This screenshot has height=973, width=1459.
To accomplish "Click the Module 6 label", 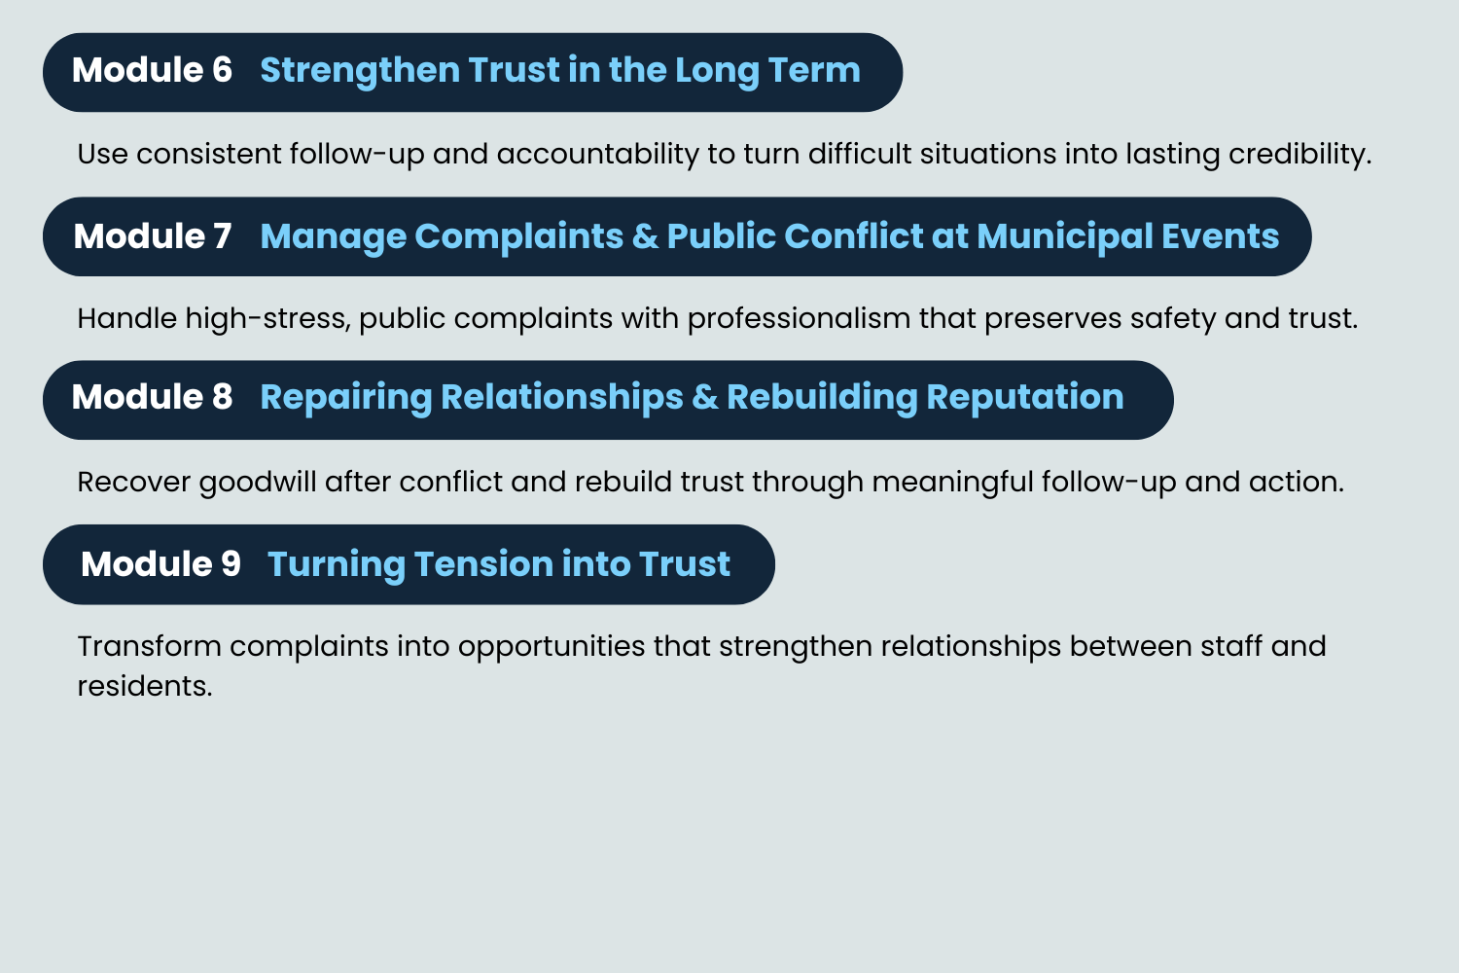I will tap(152, 71).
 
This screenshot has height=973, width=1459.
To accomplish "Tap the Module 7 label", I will tap(153, 236).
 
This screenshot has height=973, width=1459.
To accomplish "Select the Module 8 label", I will tap(152, 397).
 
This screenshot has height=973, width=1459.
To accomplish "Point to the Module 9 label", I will tap(160, 564).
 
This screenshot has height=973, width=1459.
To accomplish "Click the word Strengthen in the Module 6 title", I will tap(360, 71).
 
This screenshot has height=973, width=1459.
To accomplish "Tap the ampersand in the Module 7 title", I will tap(645, 236).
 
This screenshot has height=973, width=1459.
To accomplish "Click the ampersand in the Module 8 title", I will tap(705, 397).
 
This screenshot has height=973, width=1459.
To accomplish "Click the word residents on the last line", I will tap(144, 686).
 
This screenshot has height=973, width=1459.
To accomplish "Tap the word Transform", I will tap(149, 646).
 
